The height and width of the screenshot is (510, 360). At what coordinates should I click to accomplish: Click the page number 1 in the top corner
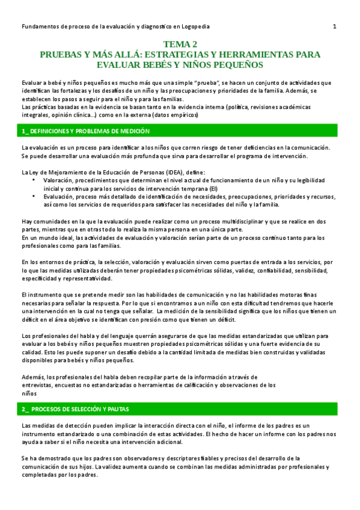334,26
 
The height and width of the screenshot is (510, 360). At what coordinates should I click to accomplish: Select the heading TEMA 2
180,45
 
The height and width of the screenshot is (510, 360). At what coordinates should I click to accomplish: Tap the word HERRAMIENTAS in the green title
260,55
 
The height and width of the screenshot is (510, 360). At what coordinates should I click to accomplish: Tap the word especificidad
41,279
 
